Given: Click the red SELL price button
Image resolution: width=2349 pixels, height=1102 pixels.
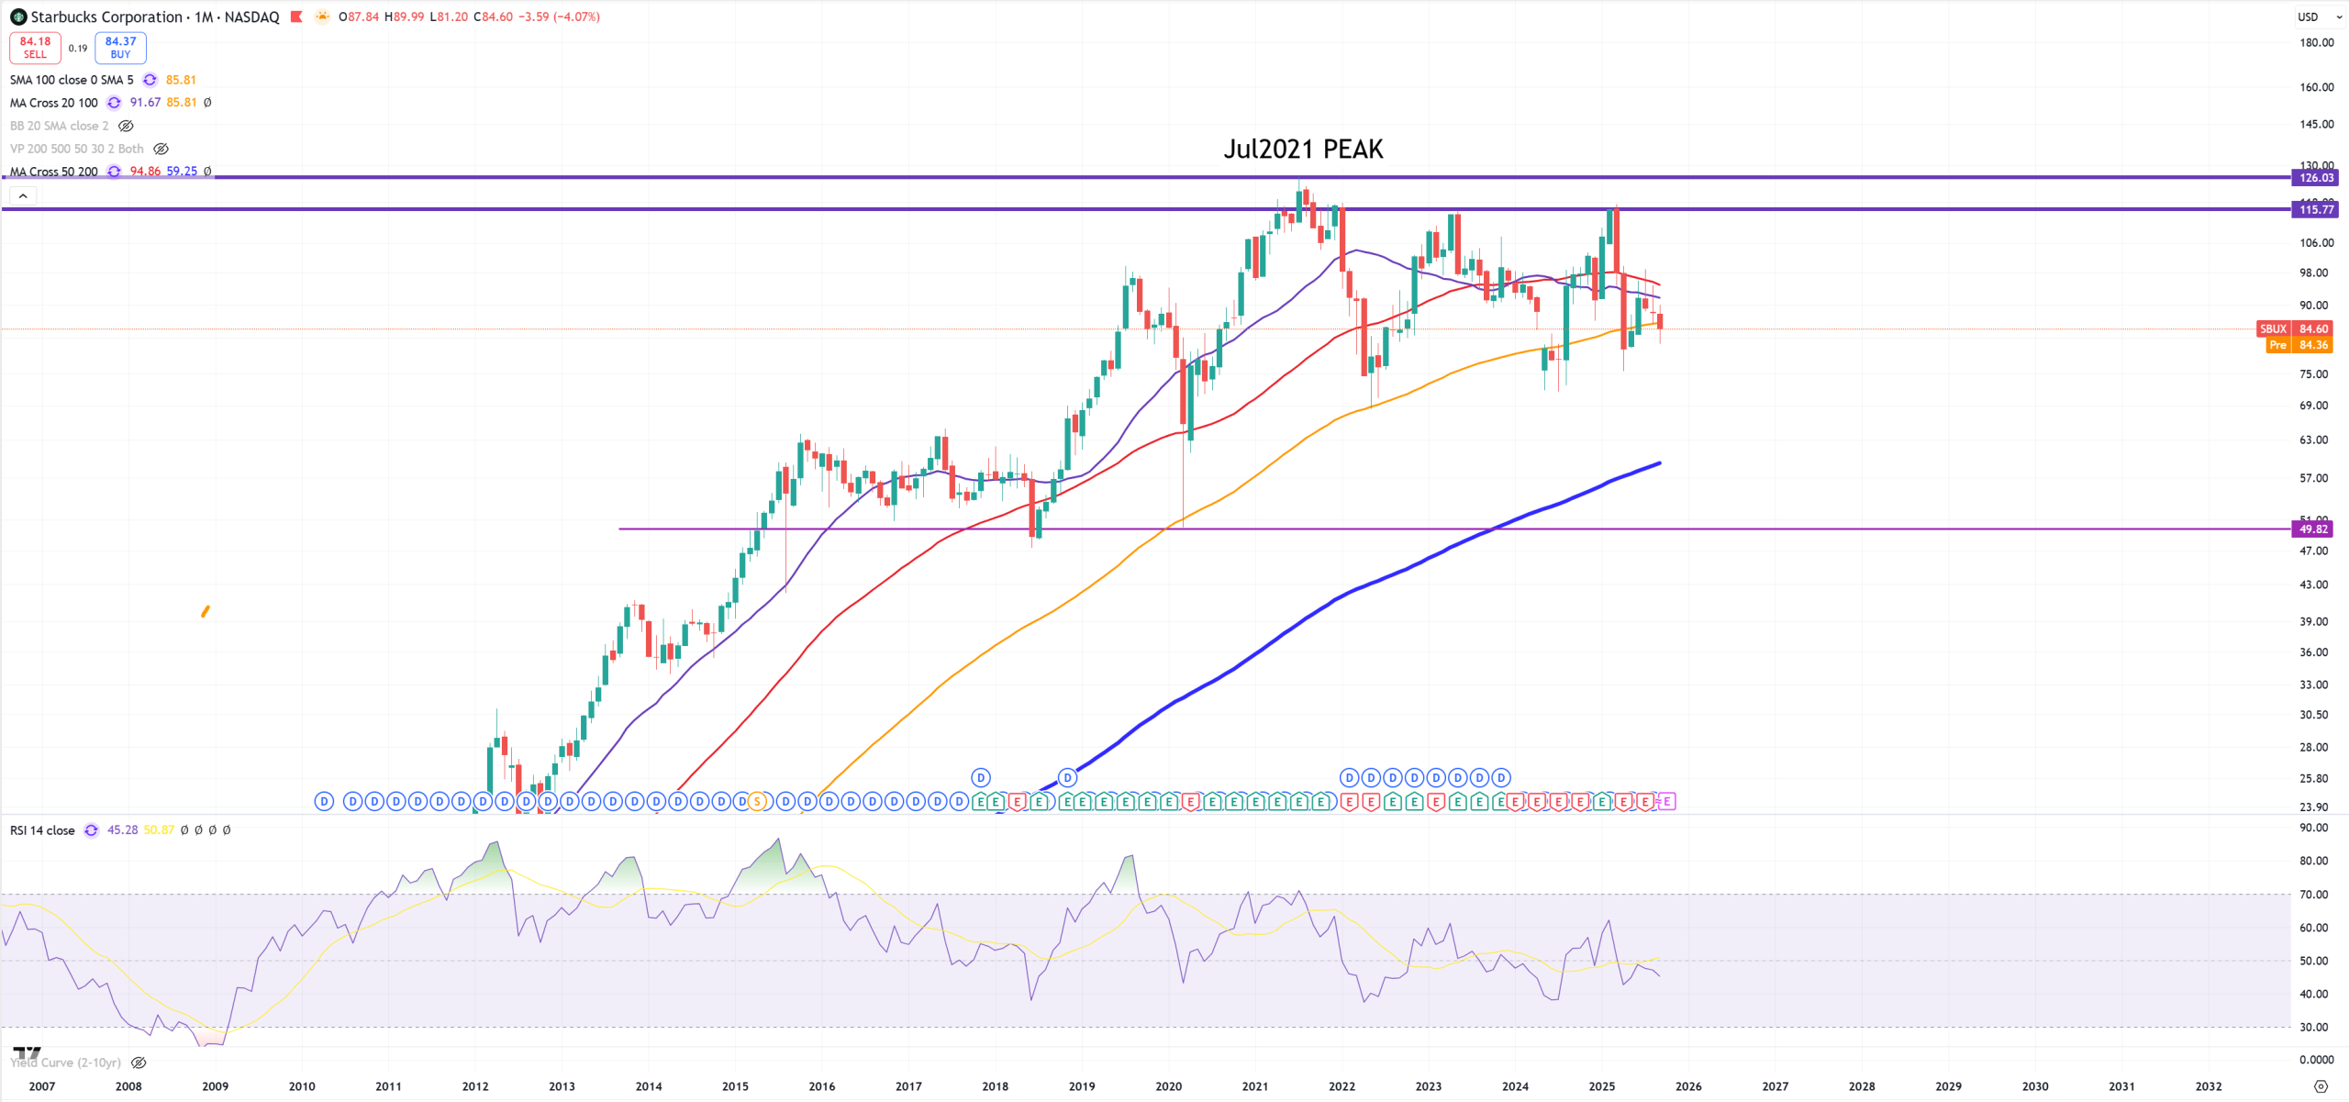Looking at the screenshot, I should point(35,48).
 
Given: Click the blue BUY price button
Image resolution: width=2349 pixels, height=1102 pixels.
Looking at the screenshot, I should point(120,48).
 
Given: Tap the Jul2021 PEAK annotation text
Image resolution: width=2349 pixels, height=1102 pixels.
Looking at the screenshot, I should point(1302,150).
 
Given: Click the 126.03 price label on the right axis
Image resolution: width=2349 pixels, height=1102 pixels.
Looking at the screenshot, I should point(2315,178).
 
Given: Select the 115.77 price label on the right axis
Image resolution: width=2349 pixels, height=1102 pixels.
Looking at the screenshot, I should point(2315,210).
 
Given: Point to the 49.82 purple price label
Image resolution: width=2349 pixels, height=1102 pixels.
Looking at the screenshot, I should point(2313,529).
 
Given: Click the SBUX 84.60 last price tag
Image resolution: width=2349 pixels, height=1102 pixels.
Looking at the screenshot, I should point(2294,328).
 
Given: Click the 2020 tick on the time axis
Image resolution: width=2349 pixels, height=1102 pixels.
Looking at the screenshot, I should point(1168,1086).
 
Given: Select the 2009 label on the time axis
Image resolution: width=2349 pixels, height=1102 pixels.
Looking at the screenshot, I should point(215,1086).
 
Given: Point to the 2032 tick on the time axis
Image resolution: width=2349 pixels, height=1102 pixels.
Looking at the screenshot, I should point(2208,1086).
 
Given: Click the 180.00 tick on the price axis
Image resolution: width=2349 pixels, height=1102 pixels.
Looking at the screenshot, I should point(2316,42).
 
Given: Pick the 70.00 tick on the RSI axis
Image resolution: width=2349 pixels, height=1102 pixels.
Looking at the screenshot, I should point(2313,895).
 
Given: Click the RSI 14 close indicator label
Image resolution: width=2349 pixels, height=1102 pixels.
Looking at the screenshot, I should point(42,830).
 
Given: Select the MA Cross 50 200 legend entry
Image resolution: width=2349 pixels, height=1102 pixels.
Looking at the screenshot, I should point(53,172).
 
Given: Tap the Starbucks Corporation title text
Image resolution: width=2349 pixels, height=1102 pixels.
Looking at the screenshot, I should point(106,17).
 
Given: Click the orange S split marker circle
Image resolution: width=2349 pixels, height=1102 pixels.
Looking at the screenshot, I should point(757,802).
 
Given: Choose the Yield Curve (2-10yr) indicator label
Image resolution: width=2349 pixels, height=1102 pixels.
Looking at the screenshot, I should point(66,1063).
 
